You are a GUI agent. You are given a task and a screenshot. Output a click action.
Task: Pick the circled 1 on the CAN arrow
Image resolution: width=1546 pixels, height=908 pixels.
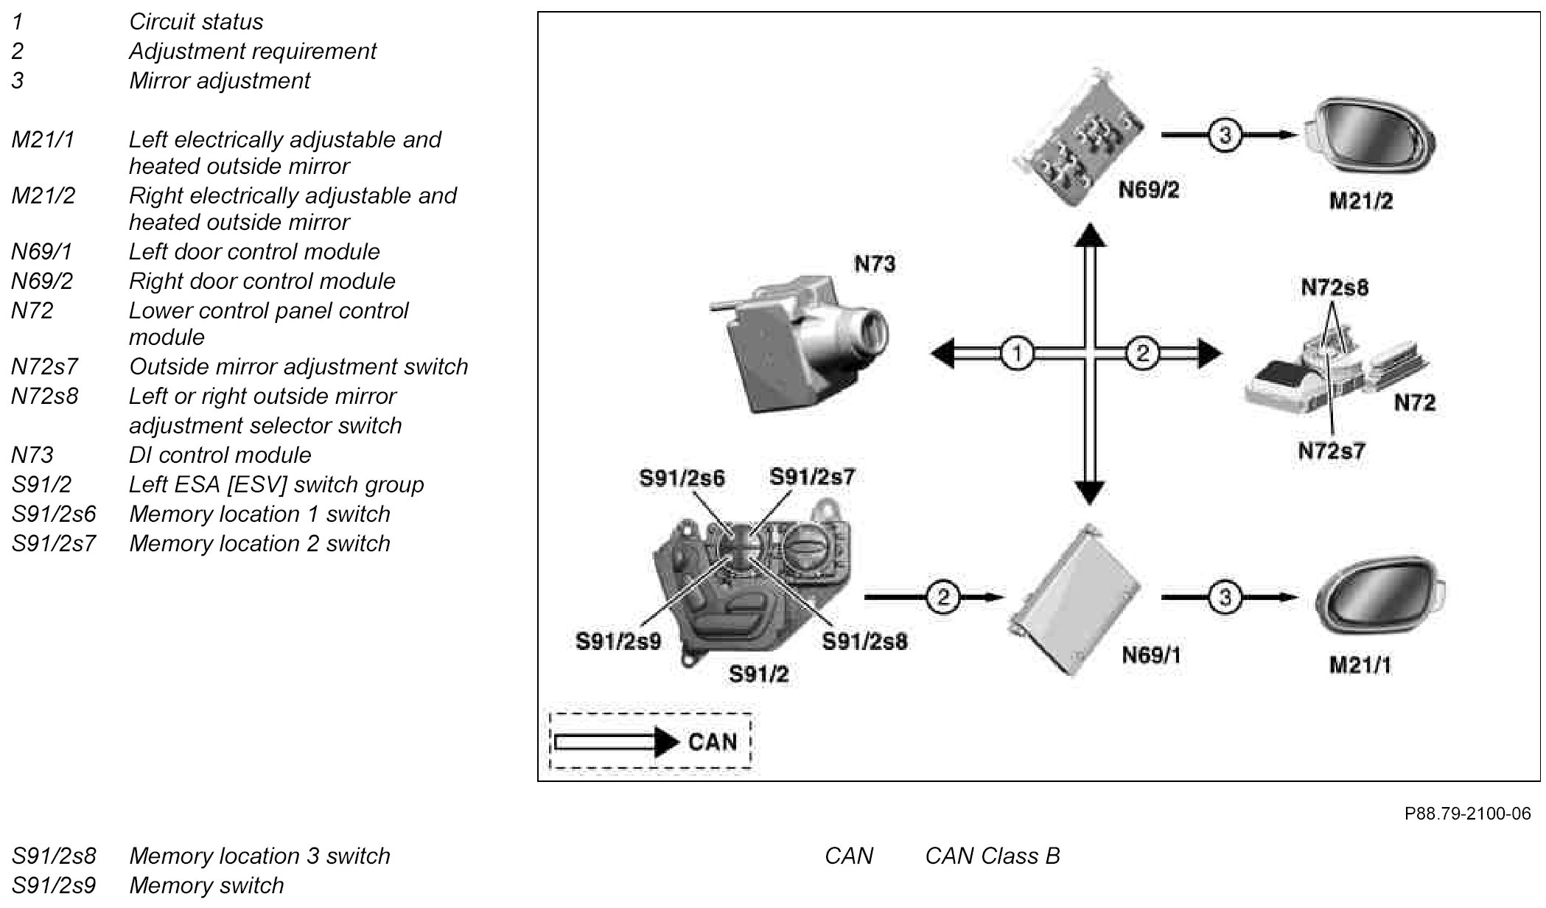[x=1017, y=354]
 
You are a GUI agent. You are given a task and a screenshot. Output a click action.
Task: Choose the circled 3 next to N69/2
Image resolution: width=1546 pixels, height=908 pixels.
[x=1224, y=136]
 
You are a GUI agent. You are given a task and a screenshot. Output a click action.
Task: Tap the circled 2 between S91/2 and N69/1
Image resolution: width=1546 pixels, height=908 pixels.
[x=942, y=596]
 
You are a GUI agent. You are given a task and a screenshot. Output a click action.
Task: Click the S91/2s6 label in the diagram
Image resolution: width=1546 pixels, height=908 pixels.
[x=682, y=479]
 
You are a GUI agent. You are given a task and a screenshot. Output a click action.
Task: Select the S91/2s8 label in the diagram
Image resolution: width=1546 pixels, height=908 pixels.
[x=864, y=642]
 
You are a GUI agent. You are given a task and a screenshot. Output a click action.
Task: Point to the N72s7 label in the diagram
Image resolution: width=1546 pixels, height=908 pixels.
[x=1332, y=450]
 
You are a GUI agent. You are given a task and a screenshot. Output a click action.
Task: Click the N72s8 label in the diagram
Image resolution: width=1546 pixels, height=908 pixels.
[x=1335, y=287]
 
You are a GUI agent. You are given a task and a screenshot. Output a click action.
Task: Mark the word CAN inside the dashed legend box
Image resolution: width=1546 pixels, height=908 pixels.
[x=712, y=741]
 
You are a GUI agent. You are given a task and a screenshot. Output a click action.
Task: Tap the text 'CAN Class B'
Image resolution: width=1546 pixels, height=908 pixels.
[x=992, y=856]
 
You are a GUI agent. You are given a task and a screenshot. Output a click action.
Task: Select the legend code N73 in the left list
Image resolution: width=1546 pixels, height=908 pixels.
[x=32, y=455]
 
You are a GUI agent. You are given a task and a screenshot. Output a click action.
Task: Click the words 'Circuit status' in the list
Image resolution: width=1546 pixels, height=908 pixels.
[x=196, y=21]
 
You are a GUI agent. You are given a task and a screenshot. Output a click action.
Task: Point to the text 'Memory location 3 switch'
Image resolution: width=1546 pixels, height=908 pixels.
[x=259, y=856]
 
